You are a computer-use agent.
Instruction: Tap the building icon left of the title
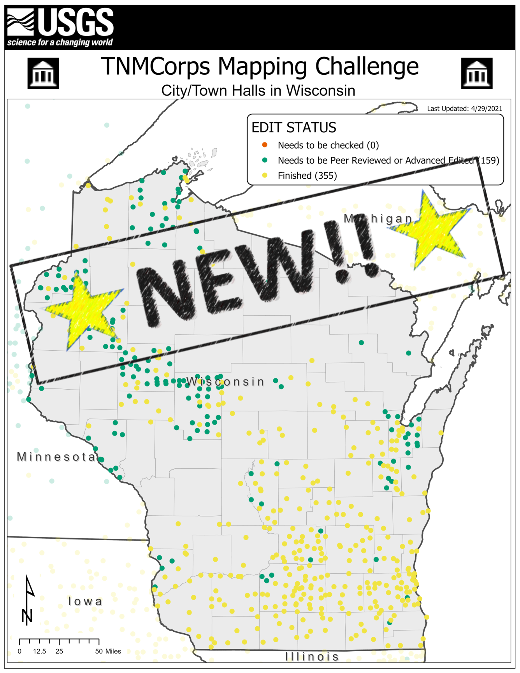tap(43, 73)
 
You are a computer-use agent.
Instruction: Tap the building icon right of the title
tap(476, 73)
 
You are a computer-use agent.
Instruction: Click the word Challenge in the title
tap(367, 67)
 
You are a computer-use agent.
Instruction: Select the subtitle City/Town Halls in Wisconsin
tap(258, 91)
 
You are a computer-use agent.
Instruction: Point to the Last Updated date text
tap(464, 109)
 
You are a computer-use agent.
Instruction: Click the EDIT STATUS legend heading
tap(293, 128)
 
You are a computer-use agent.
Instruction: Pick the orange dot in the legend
tap(265, 145)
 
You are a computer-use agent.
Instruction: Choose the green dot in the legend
tap(265, 160)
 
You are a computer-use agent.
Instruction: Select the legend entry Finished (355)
tap(307, 176)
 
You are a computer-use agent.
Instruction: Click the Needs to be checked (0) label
tap(328, 145)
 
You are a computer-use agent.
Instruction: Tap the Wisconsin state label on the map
tap(225, 382)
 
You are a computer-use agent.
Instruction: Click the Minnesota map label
tap(56, 457)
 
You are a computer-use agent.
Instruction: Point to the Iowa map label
tap(85, 601)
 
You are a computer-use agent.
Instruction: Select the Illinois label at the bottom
tap(312, 657)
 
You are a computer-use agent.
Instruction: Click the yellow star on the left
tap(84, 309)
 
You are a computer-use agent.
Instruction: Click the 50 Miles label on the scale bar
tap(108, 651)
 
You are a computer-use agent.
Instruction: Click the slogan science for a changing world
tap(60, 42)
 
